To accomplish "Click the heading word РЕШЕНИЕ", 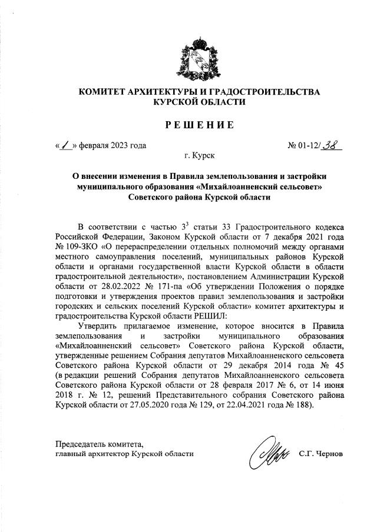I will click(198, 124).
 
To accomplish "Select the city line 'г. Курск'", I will click(199, 156).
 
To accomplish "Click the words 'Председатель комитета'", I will click(99, 444).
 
